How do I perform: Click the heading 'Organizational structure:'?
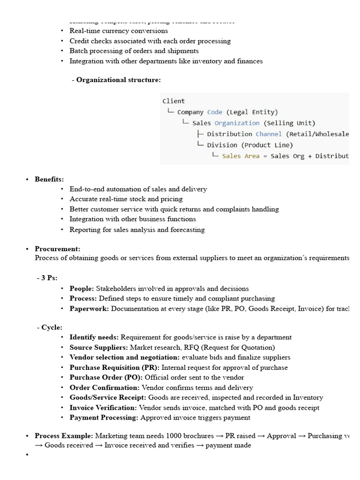tap(118, 80)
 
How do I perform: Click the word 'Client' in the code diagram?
tap(173, 101)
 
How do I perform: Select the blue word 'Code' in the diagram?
tap(215, 112)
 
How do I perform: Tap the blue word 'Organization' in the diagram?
tap(237, 123)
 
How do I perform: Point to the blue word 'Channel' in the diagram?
tap(269, 134)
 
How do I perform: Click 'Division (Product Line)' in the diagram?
tap(250, 145)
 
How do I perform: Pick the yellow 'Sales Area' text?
tap(240, 156)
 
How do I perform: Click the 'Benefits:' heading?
tap(49, 179)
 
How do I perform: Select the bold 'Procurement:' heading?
tap(57, 249)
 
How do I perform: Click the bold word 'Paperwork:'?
tap(89, 308)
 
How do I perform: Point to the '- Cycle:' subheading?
tap(49, 327)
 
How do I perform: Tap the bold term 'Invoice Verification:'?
tap(103, 408)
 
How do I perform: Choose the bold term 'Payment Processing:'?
tap(104, 418)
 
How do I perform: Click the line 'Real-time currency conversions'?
tap(119, 30)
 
